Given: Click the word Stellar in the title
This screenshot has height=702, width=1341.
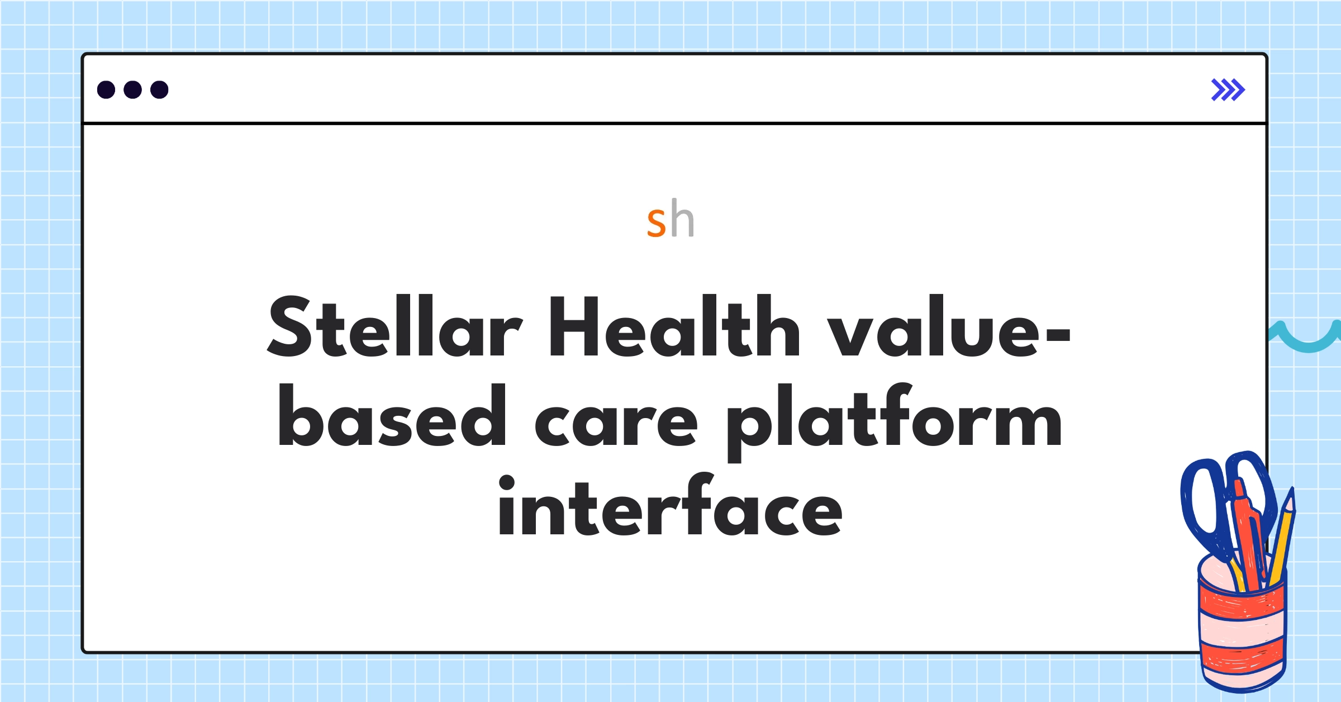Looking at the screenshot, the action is (x=395, y=326).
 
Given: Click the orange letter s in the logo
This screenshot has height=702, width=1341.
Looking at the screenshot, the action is (x=657, y=222).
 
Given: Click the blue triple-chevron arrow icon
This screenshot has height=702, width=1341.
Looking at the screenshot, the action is (x=1228, y=90).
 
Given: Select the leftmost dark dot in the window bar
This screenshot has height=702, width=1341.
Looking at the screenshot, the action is (x=106, y=89).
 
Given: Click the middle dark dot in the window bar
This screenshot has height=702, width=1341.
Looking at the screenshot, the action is (x=132, y=89).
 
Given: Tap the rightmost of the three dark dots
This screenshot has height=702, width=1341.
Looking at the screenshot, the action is (x=159, y=89).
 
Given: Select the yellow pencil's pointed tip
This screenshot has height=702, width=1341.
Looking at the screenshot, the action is (x=1290, y=495).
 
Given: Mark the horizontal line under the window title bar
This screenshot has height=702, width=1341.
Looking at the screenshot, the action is (x=674, y=123).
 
